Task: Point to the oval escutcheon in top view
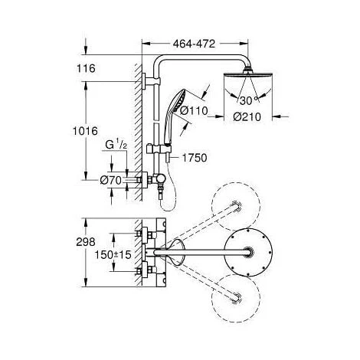click(176, 251)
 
